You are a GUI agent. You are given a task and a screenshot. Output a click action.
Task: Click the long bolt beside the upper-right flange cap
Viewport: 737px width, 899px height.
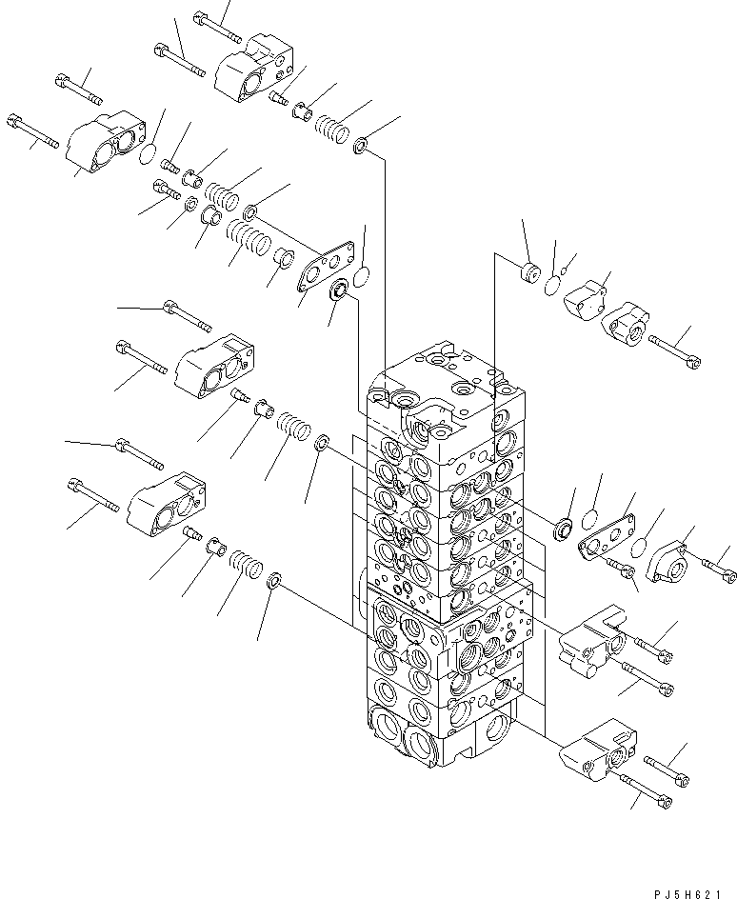click(677, 350)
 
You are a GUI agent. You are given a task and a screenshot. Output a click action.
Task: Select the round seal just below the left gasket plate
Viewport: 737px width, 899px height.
click(337, 290)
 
